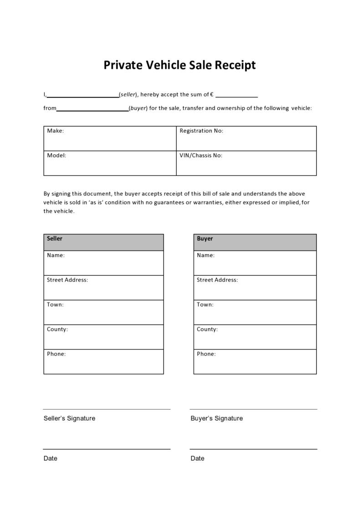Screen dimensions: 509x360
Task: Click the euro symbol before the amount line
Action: coord(212,95)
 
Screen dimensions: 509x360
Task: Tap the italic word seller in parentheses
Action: coord(128,95)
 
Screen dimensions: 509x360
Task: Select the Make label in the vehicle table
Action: coord(55,131)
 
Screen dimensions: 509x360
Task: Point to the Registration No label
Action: coord(201,131)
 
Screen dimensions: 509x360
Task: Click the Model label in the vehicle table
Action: coord(57,155)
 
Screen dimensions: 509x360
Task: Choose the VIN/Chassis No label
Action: coord(201,155)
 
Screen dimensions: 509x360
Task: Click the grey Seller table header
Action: coord(103,242)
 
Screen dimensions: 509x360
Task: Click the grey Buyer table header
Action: coord(255,242)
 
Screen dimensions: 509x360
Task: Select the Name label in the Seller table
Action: coord(56,255)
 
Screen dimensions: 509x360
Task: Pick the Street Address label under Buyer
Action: coord(217,280)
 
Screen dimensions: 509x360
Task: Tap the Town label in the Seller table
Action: coord(55,304)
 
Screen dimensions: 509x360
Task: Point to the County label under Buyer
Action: coord(207,329)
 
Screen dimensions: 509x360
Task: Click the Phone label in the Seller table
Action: coord(56,354)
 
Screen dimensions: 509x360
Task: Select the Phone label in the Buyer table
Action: coord(206,354)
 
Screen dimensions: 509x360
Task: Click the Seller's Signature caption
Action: coord(69,418)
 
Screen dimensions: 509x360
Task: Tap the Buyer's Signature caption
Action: coord(216,418)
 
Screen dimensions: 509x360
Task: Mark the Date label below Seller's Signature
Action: coord(50,458)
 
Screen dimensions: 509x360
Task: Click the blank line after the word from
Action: coord(93,109)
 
